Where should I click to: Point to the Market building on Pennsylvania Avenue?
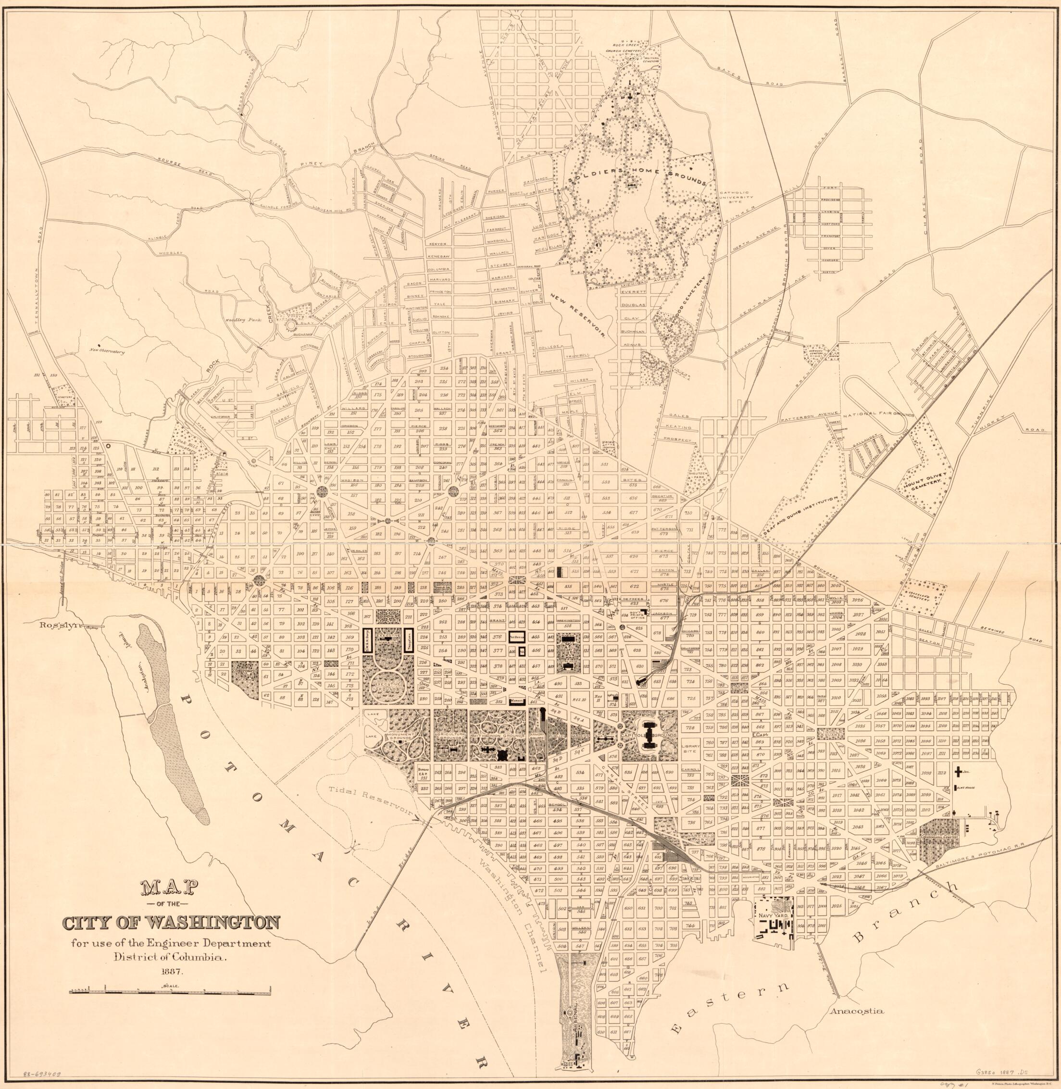coord(517,698)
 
